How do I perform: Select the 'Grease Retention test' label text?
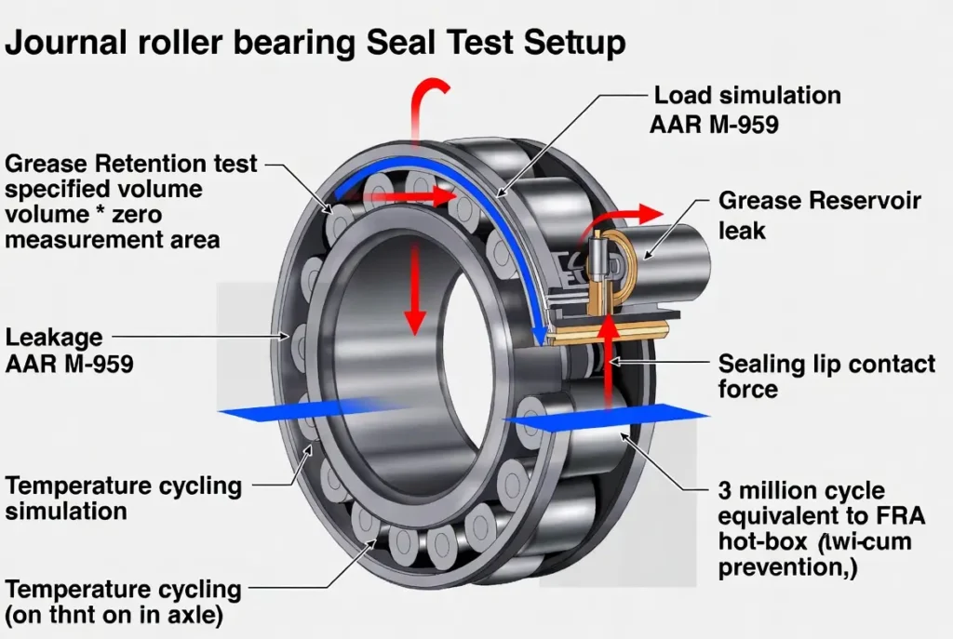[131, 165]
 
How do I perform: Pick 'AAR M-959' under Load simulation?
[714, 124]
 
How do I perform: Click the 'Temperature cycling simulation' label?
[123, 498]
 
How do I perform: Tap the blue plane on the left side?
[298, 409]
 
